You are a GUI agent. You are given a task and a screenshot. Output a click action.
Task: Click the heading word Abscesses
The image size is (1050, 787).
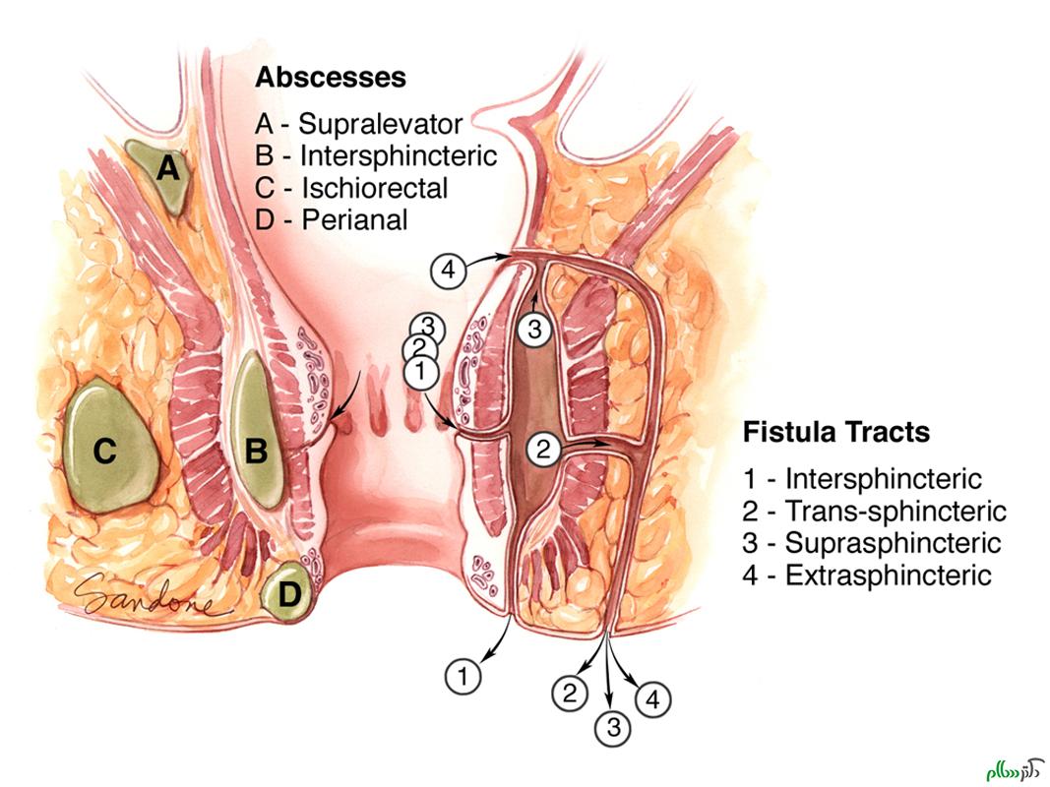331,77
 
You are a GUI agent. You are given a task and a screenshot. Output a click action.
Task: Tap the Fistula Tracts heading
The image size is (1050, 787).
835,432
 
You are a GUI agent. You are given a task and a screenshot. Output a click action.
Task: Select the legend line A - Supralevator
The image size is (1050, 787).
358,124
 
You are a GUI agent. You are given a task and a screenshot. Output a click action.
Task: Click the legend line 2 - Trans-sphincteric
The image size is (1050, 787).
875,512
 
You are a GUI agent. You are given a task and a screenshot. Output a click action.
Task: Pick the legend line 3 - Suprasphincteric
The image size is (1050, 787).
872,543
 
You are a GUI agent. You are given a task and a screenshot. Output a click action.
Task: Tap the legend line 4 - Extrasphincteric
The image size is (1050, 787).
868,575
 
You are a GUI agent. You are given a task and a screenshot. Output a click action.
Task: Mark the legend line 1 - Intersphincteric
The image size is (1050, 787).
862,479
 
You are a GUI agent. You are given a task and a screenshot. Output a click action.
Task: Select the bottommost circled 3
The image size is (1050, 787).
613,728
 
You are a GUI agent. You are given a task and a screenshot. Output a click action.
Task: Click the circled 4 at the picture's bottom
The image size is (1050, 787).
652,700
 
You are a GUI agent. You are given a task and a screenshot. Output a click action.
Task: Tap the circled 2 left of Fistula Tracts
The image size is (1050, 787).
544,450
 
